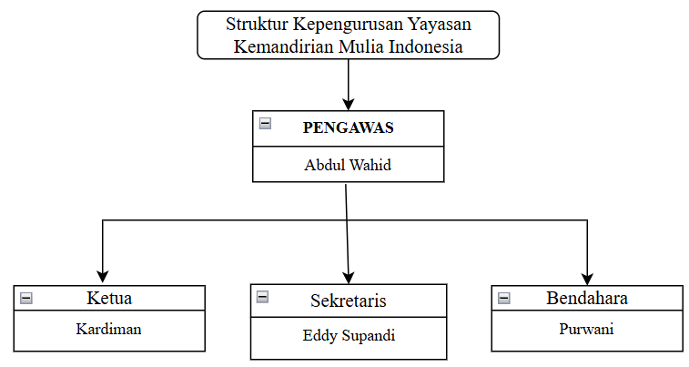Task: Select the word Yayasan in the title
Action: point(440,25)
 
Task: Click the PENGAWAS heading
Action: point(348,127)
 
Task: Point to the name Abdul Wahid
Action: point(348,165)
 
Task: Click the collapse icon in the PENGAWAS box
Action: point(265,124)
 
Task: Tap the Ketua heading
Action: point(109,298)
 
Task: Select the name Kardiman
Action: point(108,329)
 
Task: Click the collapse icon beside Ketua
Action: point(26,299)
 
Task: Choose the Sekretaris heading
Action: point(348,301)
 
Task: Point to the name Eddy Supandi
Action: point(349,335)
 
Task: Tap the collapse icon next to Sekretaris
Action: point(262,297)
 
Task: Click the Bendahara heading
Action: point(587,298)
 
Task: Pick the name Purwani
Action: point(586,329)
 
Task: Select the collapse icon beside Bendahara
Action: point(504,299)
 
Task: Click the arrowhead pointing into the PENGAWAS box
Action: point(349,105)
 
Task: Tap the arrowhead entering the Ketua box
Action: point(102,277)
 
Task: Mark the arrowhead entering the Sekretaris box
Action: point(349,278)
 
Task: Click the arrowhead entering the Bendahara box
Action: point(587,279)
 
